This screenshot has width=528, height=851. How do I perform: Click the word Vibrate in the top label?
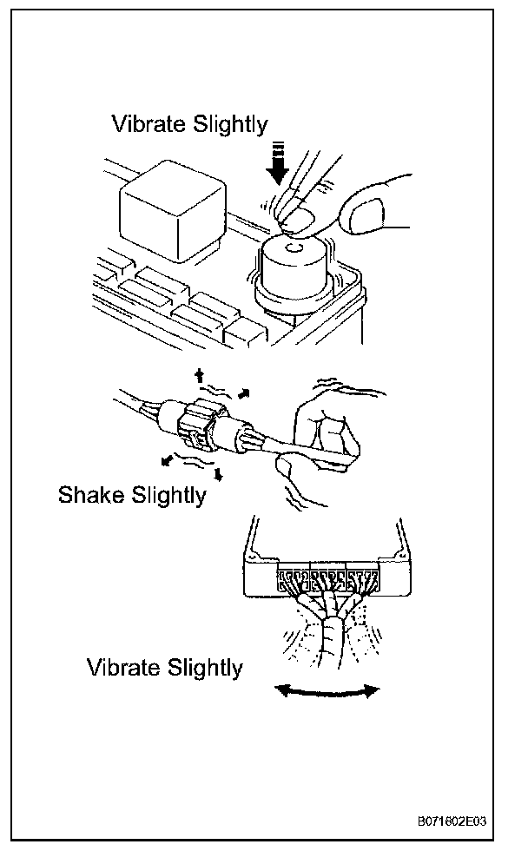pos(146,124)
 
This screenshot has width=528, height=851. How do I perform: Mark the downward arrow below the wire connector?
pos(218,474)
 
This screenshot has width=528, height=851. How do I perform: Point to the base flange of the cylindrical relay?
pos(295,295)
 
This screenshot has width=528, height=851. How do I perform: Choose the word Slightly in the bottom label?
pos(201,668)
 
